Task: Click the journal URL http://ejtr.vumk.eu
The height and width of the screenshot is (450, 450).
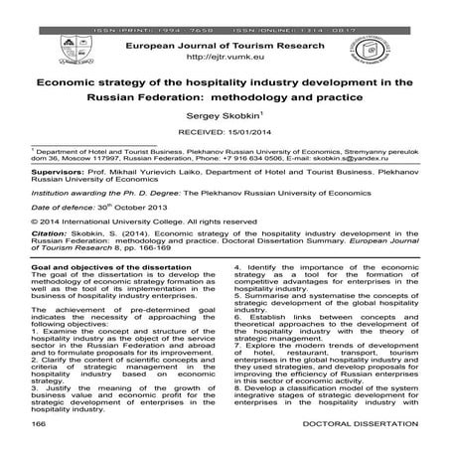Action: point(225,61)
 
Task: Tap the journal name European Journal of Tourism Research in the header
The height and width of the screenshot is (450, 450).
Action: point(225,46)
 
